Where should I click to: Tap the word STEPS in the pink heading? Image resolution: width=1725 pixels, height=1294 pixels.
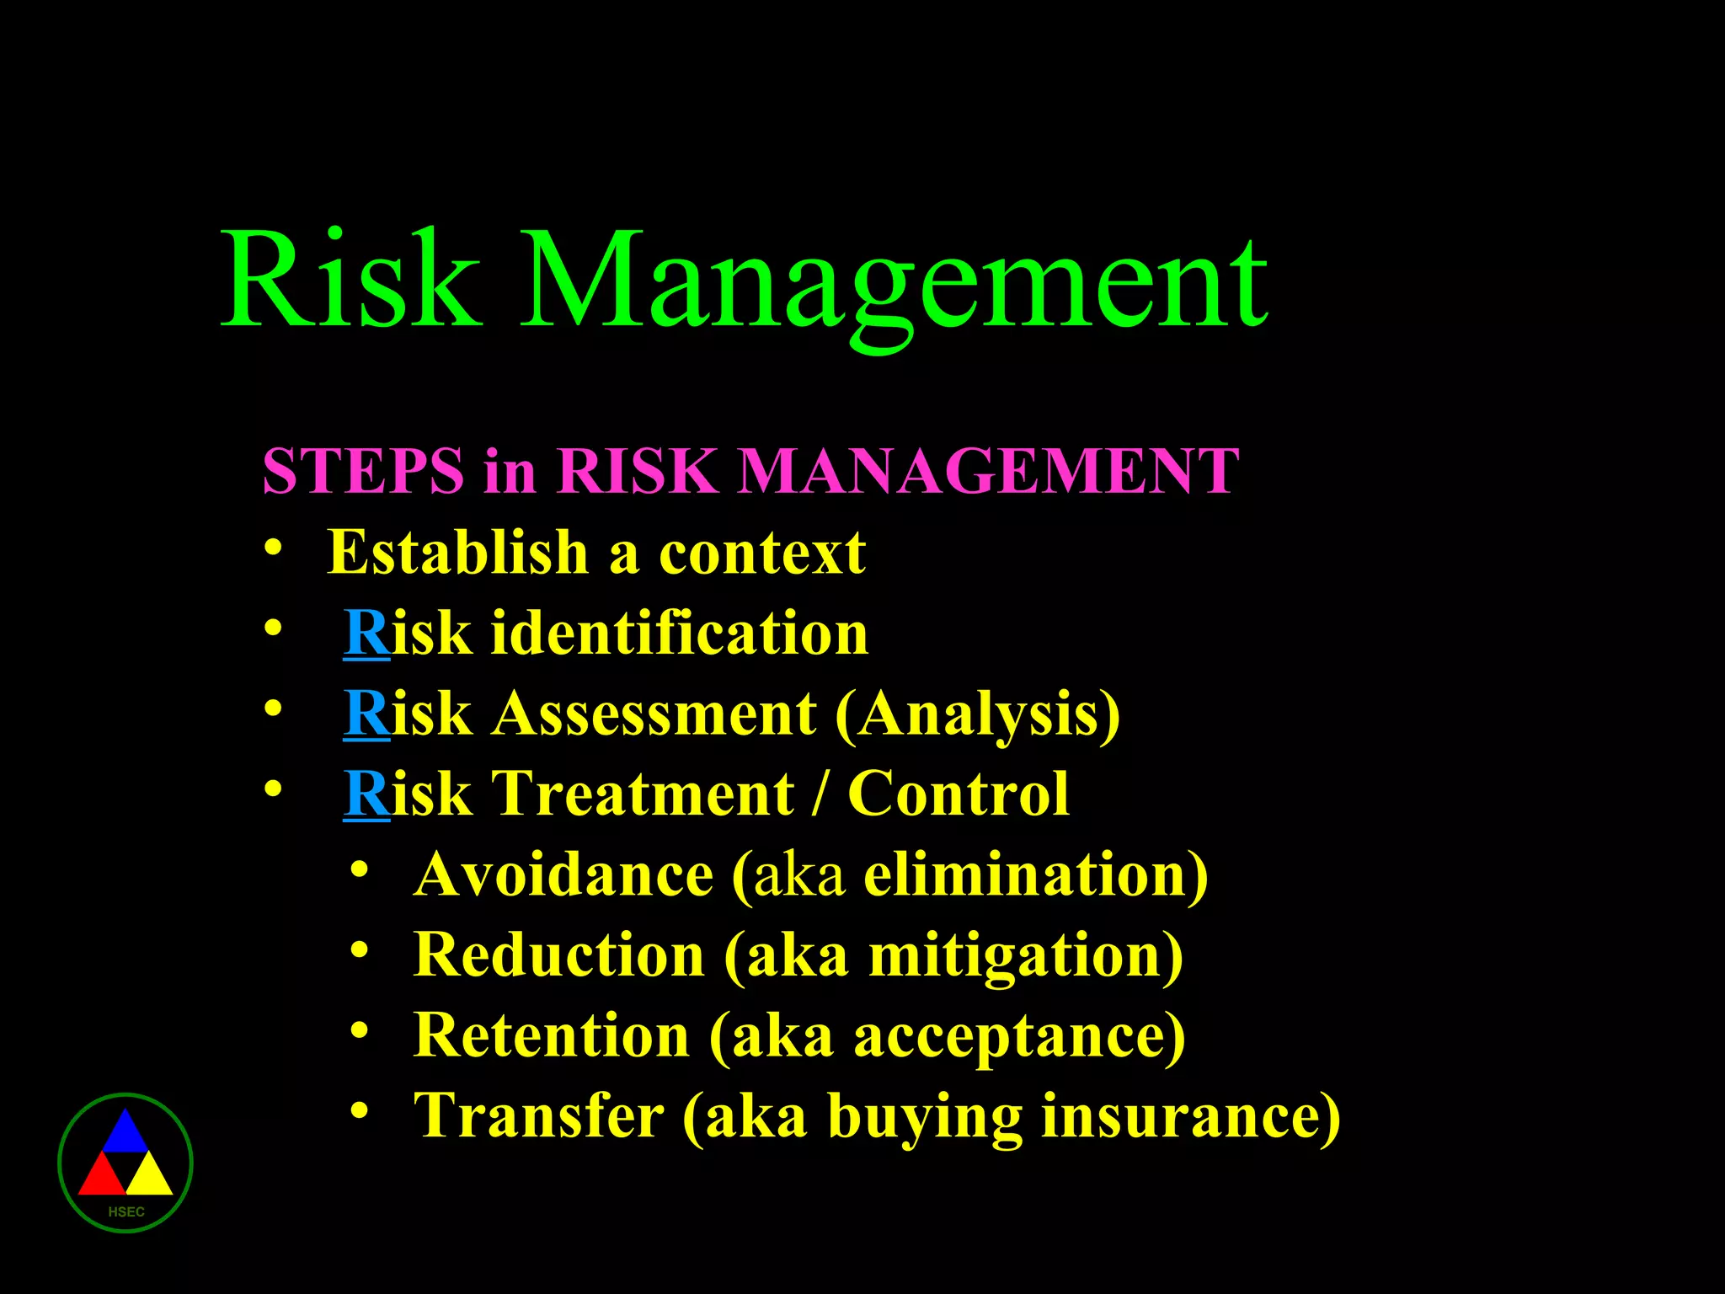(363, 470)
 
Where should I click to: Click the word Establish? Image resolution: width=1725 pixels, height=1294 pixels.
(457, 553)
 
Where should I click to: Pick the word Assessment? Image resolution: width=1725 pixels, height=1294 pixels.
(654, 714)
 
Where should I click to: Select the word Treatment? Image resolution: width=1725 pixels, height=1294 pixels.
(643, 794)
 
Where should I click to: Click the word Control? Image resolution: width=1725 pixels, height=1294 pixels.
(959, 794)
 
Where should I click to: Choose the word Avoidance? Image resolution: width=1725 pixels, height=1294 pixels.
(564, 874)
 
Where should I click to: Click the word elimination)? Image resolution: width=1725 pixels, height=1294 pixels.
(1036, 875)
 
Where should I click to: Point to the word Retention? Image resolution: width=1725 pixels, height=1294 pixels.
(552, 1035)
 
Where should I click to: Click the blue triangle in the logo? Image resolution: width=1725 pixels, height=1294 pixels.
(125, 1134)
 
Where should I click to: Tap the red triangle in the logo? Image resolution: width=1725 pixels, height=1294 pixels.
(101, 1176)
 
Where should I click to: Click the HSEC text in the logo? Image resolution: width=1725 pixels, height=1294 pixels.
(126, 1211)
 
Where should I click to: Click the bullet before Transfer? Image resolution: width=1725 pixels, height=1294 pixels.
(360, 1110)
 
